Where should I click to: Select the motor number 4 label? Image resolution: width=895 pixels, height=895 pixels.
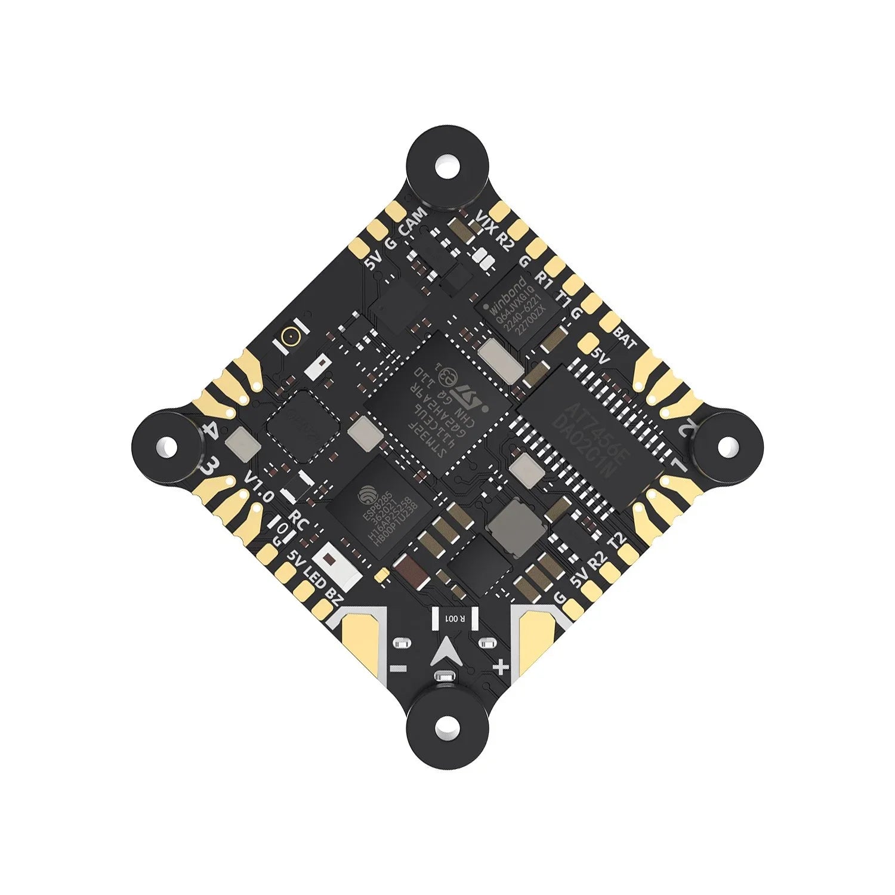pos(210,431)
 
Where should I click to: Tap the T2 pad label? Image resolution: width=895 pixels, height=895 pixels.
pos(616,541)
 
